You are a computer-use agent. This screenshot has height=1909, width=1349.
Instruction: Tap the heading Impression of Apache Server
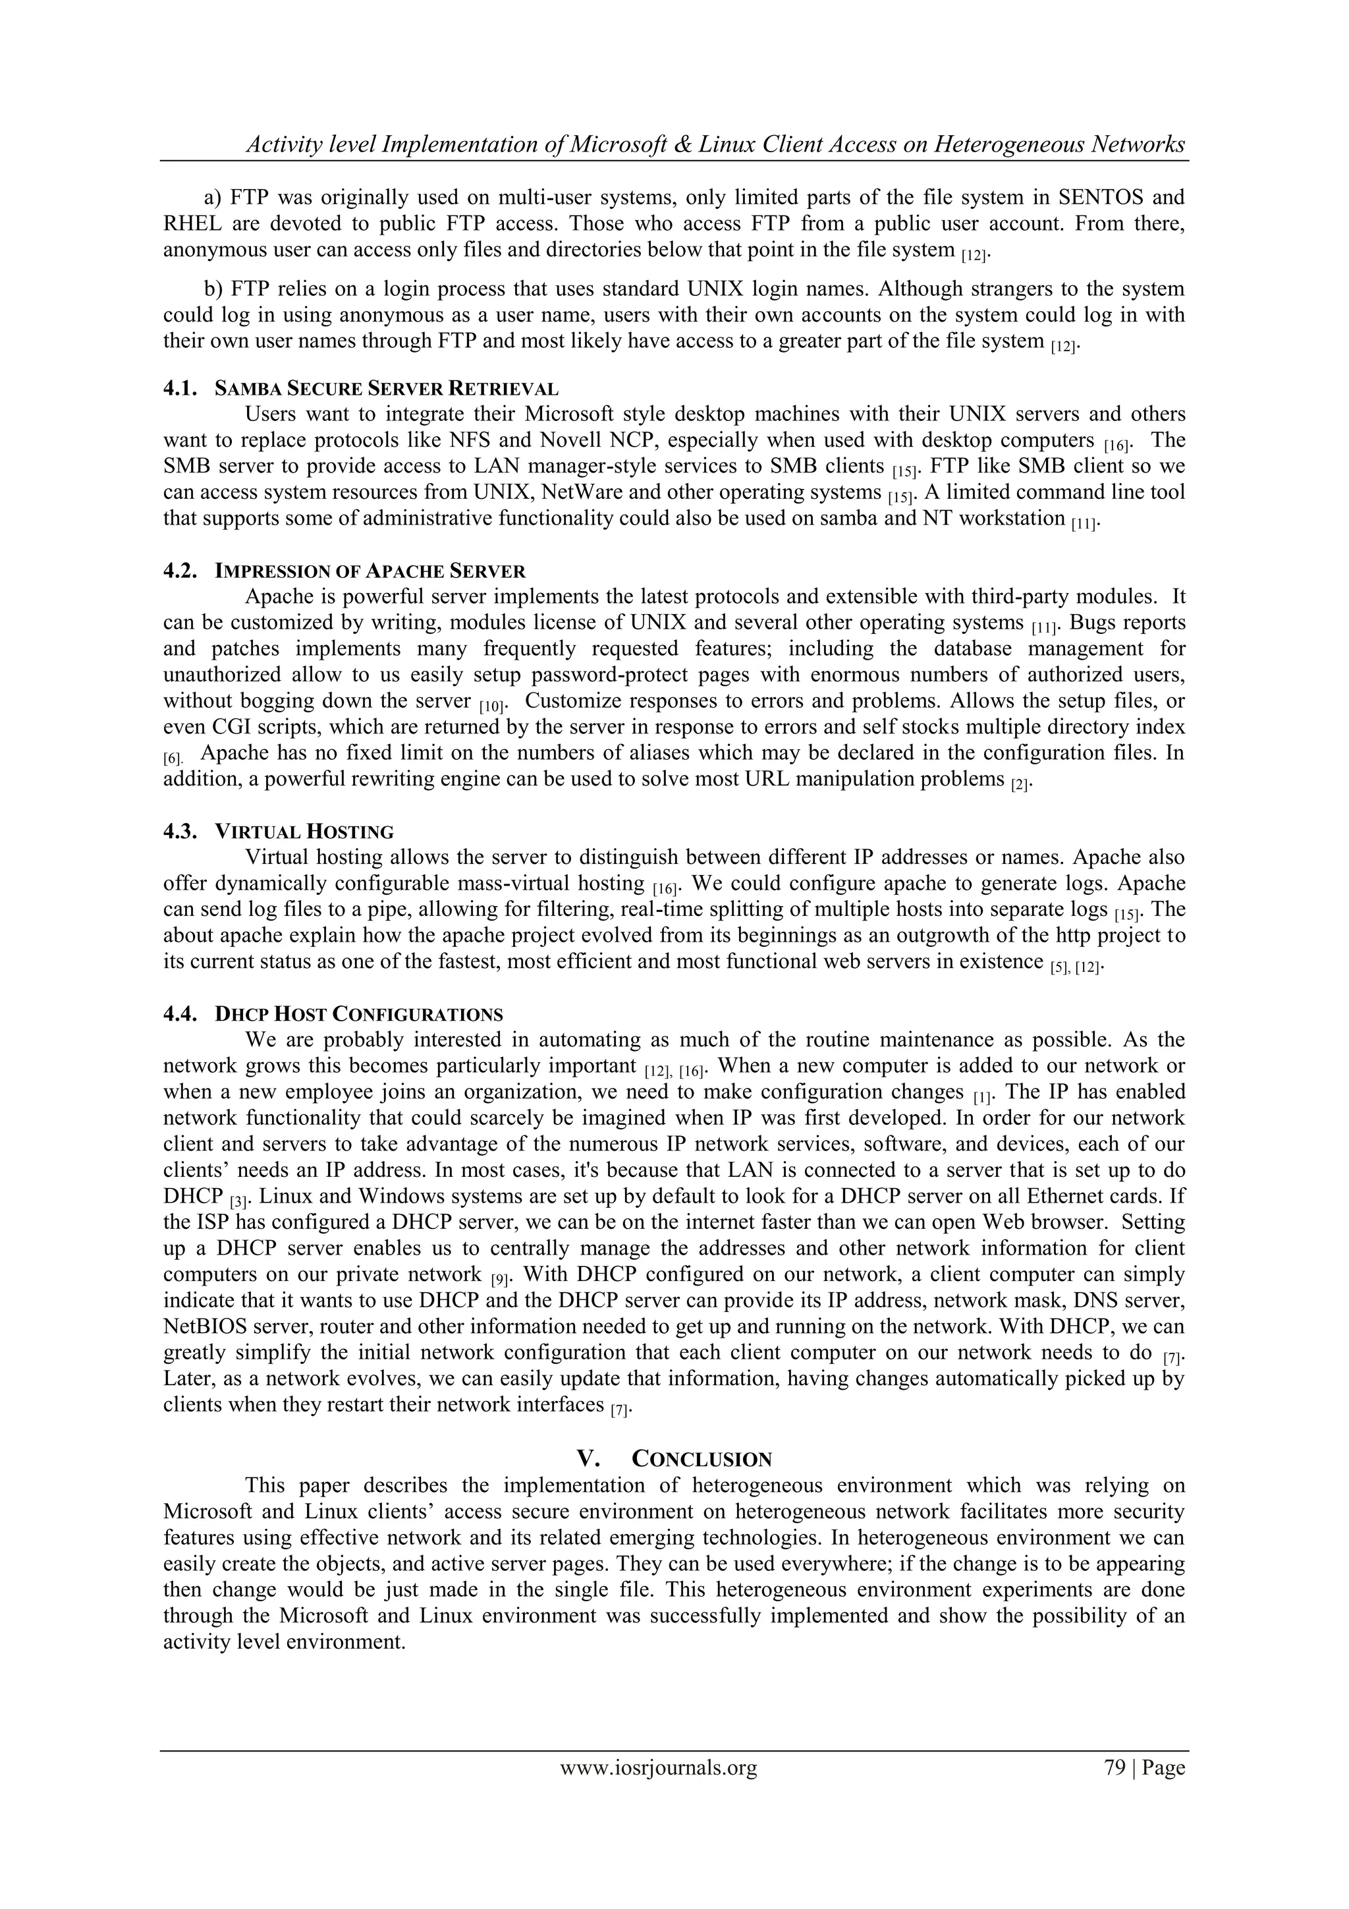pos(370,571)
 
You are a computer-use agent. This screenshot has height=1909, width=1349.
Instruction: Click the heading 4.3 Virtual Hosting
pos(279,832)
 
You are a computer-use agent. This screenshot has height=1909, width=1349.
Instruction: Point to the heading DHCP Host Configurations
pos(358,1014)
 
